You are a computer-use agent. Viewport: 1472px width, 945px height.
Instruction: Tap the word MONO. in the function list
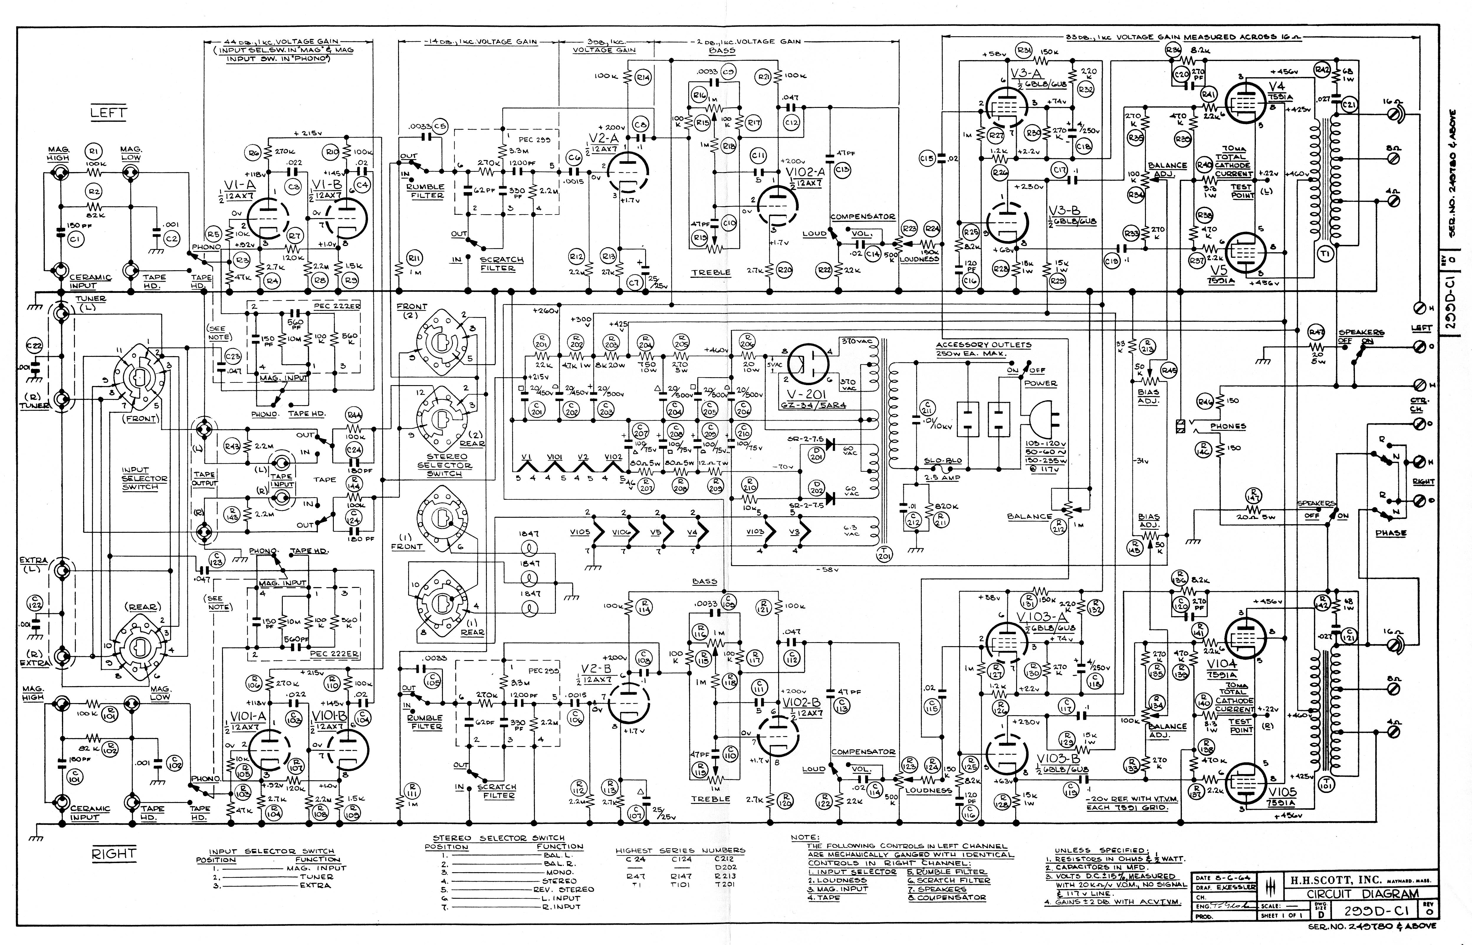pyautogui.click(x=559, y=872)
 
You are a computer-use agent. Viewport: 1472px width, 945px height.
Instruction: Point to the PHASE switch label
pyautogui.click(x=1391, y=533)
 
